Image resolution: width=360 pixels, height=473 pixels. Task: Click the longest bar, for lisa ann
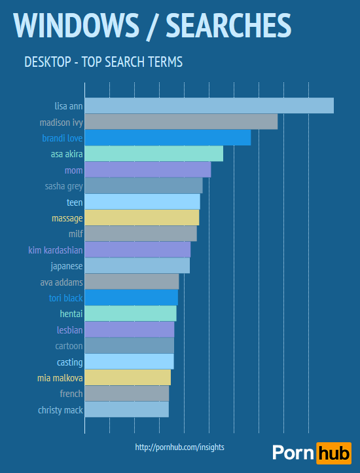209,105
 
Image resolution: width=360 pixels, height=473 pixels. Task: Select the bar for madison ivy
181,122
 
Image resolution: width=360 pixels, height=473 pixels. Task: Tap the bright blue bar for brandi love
168,138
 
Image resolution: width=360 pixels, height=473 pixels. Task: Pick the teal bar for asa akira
154,154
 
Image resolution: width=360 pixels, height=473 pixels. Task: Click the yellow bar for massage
142,218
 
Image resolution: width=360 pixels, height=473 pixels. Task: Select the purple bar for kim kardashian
137,250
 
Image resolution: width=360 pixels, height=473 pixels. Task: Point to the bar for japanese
137,266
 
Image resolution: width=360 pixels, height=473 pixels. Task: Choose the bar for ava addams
132,282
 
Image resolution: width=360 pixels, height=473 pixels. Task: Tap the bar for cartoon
130,346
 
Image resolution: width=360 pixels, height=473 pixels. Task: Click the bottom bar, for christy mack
127,410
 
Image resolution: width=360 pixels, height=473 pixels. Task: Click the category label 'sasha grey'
63,186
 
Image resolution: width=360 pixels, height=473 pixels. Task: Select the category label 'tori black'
65,298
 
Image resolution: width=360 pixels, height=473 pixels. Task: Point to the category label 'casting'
69,362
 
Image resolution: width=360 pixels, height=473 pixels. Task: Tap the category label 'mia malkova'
60,378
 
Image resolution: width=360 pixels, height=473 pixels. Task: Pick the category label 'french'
71,394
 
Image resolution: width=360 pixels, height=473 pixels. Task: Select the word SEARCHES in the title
228,25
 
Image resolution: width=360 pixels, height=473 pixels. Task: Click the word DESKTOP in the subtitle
45,62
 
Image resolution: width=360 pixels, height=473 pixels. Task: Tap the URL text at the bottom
179,447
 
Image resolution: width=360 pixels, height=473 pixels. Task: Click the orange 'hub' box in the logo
333,453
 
